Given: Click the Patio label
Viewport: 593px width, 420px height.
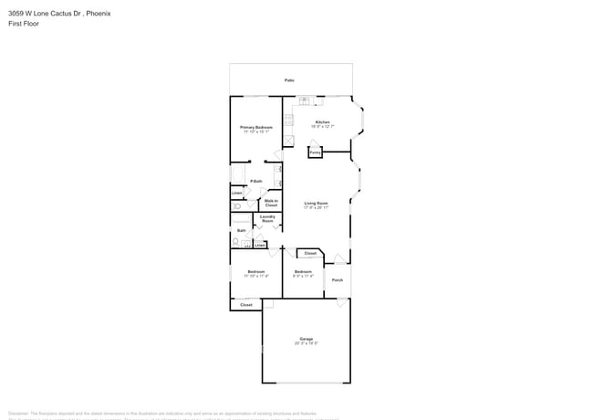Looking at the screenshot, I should coord(289,80).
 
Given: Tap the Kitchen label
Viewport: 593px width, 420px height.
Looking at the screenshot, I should coord(322,122).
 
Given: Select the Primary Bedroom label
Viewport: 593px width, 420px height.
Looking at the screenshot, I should coord(256,128).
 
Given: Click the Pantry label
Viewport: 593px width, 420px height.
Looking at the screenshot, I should coord(315,152).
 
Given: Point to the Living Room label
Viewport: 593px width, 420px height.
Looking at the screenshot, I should coord(316,204).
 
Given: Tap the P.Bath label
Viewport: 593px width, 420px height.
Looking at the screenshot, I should coord(256,181).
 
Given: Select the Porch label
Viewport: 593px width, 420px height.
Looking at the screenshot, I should coord(337,280).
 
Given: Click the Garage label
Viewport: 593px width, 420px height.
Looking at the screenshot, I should coord(307,339).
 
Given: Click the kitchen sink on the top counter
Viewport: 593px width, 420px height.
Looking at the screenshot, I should coord(304,100).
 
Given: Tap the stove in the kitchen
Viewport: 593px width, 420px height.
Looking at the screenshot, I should coord(288,121).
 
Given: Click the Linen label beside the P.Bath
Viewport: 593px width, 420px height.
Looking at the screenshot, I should coord(236,193).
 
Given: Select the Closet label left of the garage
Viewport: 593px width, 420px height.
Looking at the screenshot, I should coord(246,305).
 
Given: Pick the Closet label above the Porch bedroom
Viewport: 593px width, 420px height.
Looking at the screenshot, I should coord(310,253).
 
